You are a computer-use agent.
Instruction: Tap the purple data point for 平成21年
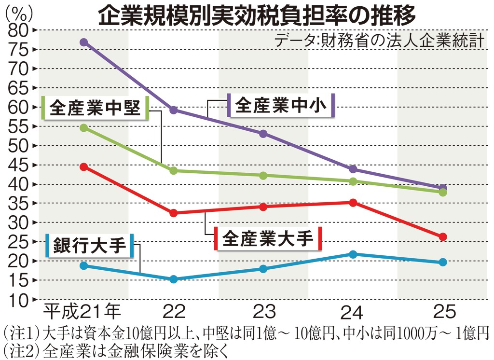pyautogui.click(x=84, y=42)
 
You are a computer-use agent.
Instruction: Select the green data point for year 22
pyautogui.click(x=174, y=170)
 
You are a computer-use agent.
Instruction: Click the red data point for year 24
pyautogui.click(x=353, y=203)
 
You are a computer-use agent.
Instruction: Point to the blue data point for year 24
pyautogui.click(x=353, y=254)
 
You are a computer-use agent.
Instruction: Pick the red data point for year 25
pyautogui.click(x=442, y=236)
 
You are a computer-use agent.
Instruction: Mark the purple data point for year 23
pyautogui.click(x=263, y=134)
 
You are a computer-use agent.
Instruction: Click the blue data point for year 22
pyautogui.click(x=174, y=279)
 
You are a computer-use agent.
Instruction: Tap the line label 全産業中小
pyautogui.click(x=282, y=105)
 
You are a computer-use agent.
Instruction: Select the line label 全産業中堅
pyautogui.click(x=95, y=108)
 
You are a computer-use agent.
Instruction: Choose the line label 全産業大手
pyautogui.click(x=268, y=238)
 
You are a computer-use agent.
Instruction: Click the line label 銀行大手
pyautogui.click(x=90, y=245)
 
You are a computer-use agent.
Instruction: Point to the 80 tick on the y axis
pyautogui.click(x=19, y=30)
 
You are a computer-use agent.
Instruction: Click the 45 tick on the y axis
pyautogui.click(x=19, y=165)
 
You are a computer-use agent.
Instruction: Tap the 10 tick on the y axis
pyautogui.click(x=19, y=300)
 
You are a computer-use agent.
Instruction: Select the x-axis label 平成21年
pyautogui.click(x=80, y=313)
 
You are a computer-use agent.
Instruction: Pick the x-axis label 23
pyautogui.click(x=263, y=313)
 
